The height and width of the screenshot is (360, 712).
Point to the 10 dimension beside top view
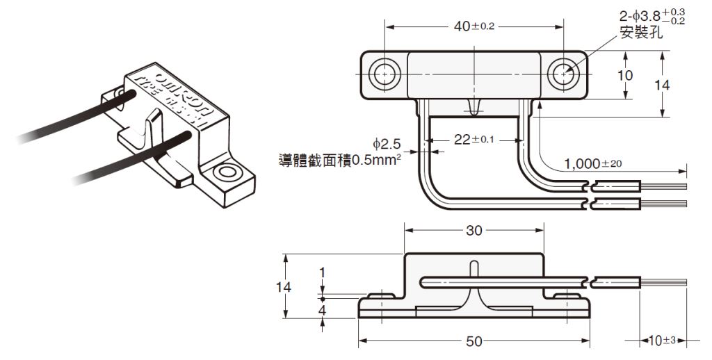pyautogui.click(x=625, y=75)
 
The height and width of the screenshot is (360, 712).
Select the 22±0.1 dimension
pyautogui.click(x=474, y=139)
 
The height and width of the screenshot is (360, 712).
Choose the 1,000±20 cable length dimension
pyautogui.click(x=592, y=164)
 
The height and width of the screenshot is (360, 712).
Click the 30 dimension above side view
pyautogui.click(x=474, y=231)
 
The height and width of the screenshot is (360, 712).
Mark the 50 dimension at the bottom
pyautogui.click(x=473, y=341)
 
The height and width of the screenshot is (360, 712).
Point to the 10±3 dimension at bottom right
pyautogui.click(x=658, y=341)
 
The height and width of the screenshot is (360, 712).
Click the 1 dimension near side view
pyautogui.click(x=322, y=271)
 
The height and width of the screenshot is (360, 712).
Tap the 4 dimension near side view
pyautogui.click(x=322, y=311)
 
